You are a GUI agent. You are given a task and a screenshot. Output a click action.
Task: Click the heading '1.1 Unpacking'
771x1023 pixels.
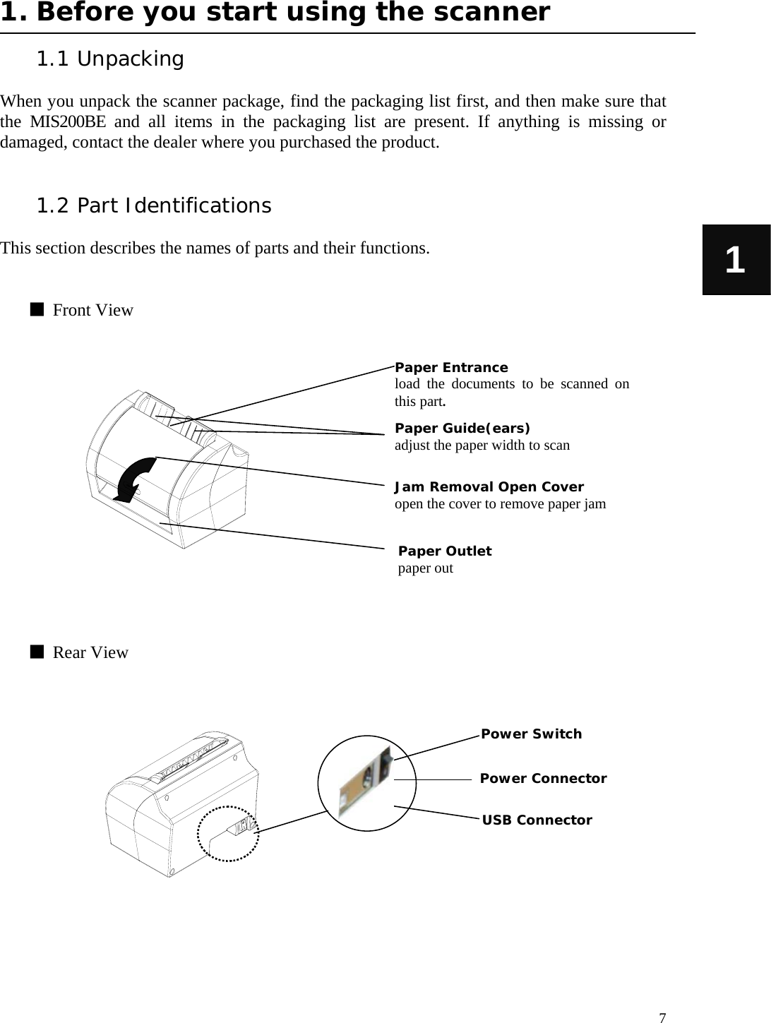(x=109, y=59)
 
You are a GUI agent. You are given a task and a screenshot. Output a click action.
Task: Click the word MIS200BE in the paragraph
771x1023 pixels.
(x=68, y=122)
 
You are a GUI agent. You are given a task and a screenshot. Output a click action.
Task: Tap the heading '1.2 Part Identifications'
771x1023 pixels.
(x=153, y=206)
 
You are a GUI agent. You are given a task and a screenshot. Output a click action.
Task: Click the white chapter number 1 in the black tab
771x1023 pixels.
(x=735, y=260)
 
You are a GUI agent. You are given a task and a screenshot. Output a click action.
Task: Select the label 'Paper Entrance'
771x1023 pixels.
(x=451, y=368)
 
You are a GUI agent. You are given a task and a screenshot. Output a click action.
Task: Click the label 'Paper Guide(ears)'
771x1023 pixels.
(x=462, y=429)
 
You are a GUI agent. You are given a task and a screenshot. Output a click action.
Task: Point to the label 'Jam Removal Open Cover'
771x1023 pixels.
(x=489, y=487)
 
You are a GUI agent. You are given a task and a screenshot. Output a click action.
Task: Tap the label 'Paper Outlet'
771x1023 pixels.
(x=445, y=551)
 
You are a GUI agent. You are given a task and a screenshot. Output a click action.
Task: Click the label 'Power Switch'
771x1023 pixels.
(x=531, y=734)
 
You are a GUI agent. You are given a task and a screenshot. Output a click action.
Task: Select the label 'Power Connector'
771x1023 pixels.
(x=543, y=779)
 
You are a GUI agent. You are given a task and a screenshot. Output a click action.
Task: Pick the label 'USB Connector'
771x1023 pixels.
(x=537, y=820)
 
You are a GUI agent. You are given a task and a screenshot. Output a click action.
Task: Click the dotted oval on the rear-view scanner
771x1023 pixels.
(x=228, y=833)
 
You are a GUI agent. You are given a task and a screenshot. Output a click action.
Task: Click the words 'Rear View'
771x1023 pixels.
(x=90, y=652)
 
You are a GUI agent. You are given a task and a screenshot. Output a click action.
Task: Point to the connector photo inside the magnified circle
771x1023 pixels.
(x=365, y=784)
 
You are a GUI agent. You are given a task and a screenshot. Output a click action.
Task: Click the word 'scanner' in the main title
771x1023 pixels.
(x=494, y=13)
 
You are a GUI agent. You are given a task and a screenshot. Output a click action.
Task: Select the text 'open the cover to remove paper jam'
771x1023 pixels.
(x=500, y=504)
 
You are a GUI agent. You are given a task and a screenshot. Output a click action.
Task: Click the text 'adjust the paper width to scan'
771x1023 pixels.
(x=482, y=445)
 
